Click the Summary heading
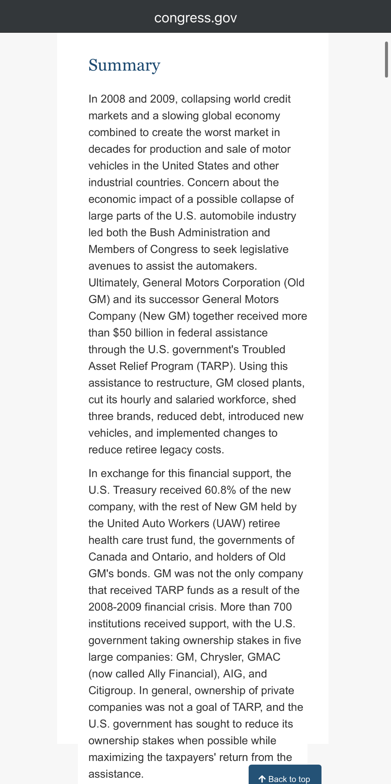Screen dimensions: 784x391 click(x=124, y=65)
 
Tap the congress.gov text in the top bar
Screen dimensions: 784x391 click(x=195, y=18)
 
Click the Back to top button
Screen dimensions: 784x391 click(x=285, y=779)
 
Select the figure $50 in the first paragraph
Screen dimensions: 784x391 click(x=122, y=333)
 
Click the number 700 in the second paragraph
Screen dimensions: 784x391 click(x=282, y=607)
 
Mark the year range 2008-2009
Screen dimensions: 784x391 click(x=115, y=607)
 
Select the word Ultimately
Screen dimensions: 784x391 click(x=114, y=283)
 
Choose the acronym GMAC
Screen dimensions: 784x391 click(x=264, y=657)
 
